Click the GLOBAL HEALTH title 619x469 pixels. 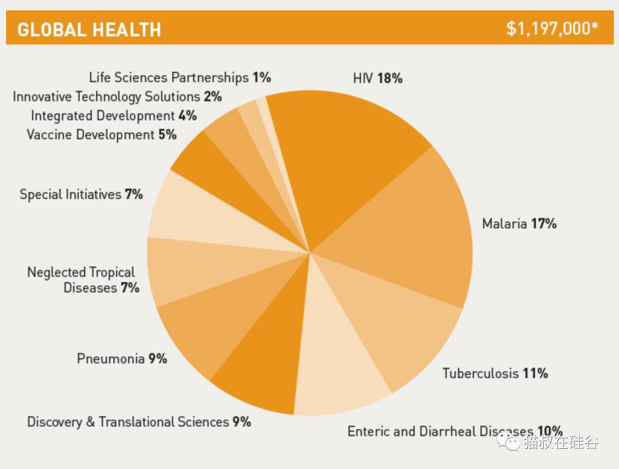89,30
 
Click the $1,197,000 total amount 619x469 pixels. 552,29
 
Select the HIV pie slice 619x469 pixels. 342,151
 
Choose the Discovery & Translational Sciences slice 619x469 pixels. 268,355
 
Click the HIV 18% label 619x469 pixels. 377,78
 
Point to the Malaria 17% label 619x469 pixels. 519,224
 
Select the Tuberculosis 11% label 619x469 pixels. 495,373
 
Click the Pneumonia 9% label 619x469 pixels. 122,359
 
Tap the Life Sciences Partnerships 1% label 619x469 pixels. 180,77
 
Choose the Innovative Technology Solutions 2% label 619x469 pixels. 117,96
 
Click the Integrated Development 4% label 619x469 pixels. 114,116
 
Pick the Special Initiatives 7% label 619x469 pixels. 81,194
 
